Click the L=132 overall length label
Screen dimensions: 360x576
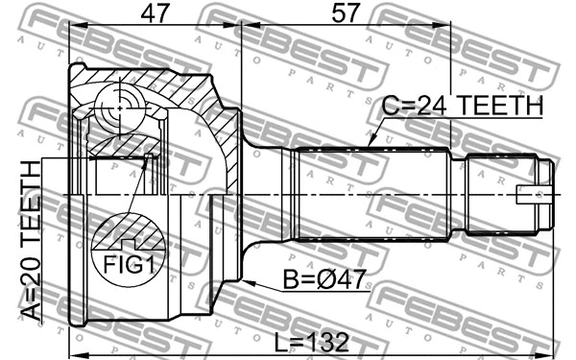[x=308, y=342]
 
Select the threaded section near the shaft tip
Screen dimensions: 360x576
[x=499, y=192]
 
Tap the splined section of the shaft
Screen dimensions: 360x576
[x=374, y=192]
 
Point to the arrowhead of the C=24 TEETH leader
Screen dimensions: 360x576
[x=370, y=146]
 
